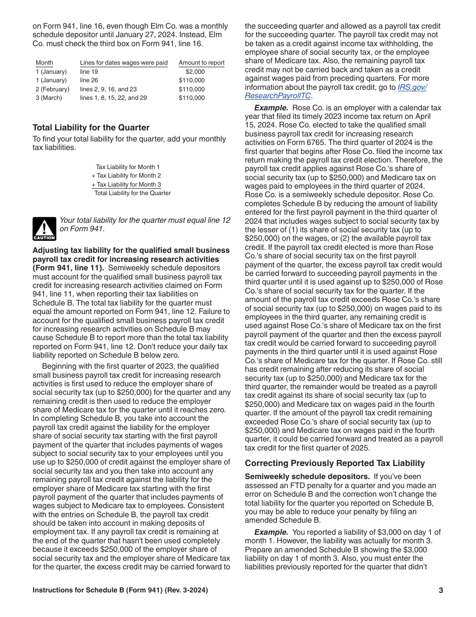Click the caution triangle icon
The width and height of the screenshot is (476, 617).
pyautogui.click(x=44, y=228)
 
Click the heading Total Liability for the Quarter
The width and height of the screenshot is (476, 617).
pyautogui.click(x=91, y=127)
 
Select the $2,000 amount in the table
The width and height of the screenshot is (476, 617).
pyautogui.click(x=195, y=72)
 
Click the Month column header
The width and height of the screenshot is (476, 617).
pyautogui.click(x=44, y=63)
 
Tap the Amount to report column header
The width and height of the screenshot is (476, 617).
pyautogui.click(x=201, y=63)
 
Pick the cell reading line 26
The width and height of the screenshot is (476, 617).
pyautogui.click(x=89, y=80)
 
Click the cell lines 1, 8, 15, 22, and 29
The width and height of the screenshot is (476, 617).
pyautogui.click(x=113, y=98)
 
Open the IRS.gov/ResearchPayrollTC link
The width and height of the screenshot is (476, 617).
pyautogui.click(x=336, y=91)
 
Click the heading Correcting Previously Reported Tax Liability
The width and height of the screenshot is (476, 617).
pyautogui.click(x=335, y=463)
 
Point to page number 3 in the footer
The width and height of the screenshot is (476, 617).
pyautogui.click(x=440, y=590)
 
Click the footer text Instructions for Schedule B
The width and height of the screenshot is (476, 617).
pyautogui.click(x=120, y=590)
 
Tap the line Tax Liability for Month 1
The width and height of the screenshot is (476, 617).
pyautogui.click(x=128, y=167)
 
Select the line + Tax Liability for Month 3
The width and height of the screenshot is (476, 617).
pyautogui.click(x=126, y=184)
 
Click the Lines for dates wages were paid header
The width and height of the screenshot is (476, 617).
pyautogui.click(x=124, y=63)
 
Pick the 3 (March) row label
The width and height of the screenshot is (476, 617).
pyautogui.click(x=49, y=98)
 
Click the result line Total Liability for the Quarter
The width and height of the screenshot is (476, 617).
pyautogui.click(x=132, y=193)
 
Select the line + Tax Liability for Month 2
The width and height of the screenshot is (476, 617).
pyautogui.click(x=126, y=176)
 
